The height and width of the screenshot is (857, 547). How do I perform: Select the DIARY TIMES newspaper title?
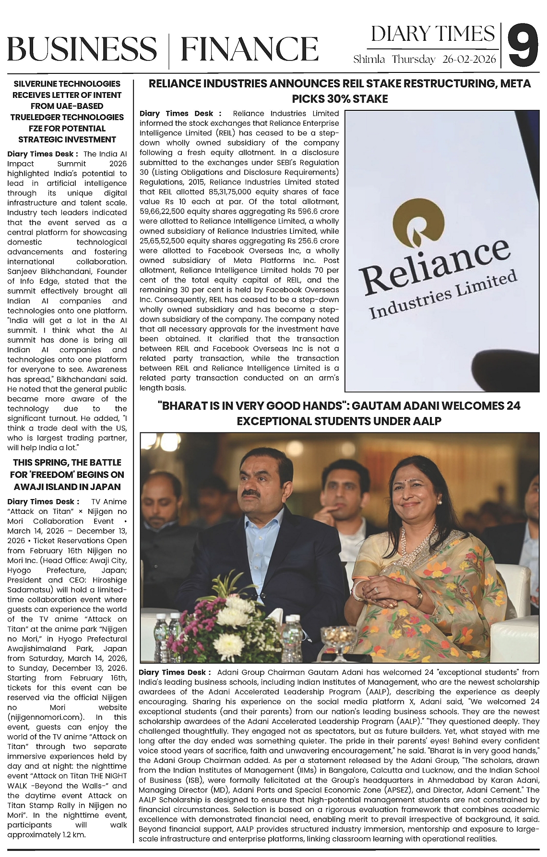[x=433, y=34]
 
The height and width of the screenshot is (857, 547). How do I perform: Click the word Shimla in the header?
[x=369, y=60]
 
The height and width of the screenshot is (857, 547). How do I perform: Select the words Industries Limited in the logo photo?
[x=443, y=295]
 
